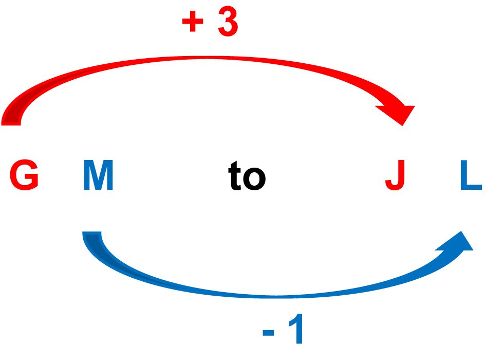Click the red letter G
click(24, 176)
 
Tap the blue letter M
click(98, 176)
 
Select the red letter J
click(396, 176)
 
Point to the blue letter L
click(470, 176)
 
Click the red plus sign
click(193, 23)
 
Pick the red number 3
click(228, 23)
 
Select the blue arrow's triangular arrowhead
click(457, 243)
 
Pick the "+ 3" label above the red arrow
click(210, 23)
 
